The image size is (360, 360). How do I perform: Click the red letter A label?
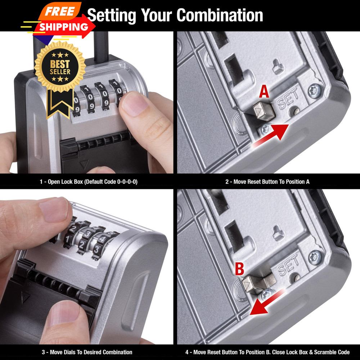pyautogui.click(x=264, y=92)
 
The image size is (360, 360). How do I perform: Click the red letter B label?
pyautogui.click(x=239, y=269)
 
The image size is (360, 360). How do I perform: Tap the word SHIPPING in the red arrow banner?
pyautogui.click(x=64, y=27)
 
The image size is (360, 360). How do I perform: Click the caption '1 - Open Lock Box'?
pyautogui.click(x=88, y=182)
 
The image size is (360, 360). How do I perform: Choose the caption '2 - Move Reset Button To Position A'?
pyautogui.click(x=267, y=182)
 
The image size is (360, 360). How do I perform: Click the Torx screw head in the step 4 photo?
pyautogui.click(x=316, y=257)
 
